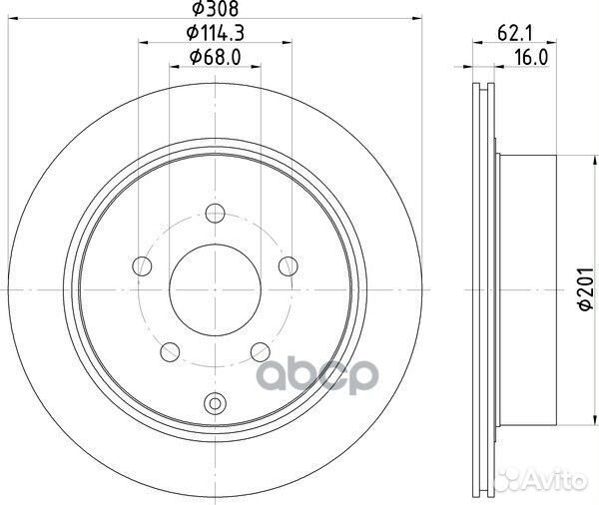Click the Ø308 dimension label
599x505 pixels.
(x=215, y=8)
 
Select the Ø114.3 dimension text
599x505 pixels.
(x=215, y=34)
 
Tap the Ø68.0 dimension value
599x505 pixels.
(x=215, y=58)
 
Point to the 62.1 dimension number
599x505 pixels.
(x=514, y=34)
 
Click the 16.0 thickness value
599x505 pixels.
(x=531, y=58)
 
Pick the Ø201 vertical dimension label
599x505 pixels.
(x=586, y=289)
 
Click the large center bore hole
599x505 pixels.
(x=215, y=290)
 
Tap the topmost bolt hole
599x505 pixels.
(x=215, y=214)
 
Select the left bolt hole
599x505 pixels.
(x=142, y=266)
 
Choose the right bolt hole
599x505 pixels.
(x=289, y=266)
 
